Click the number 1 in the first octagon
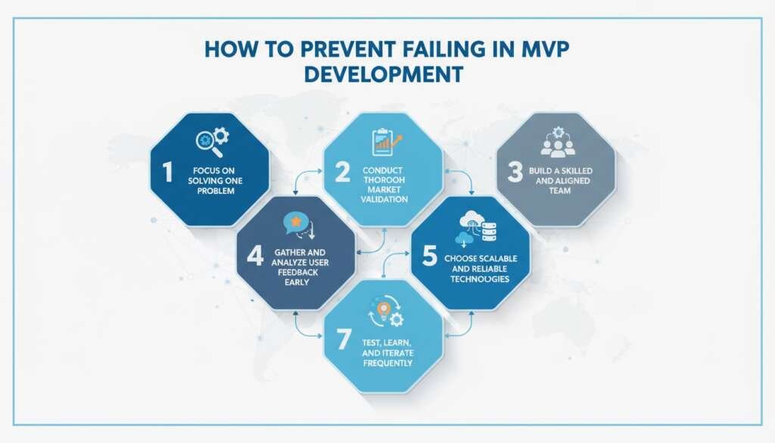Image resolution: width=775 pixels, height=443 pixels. pyautogui.click(x=167, y=172)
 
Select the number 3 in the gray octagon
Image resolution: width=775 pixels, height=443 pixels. pyautogui.click(x=515, y=173)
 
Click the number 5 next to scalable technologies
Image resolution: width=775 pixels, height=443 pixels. pyautogui.click(x=430, y=257)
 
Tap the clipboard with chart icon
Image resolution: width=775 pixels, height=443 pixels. pyautogui.click(x=385, y=141)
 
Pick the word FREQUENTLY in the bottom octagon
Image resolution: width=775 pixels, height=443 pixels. pyautogui.click(x=386, y=363)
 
